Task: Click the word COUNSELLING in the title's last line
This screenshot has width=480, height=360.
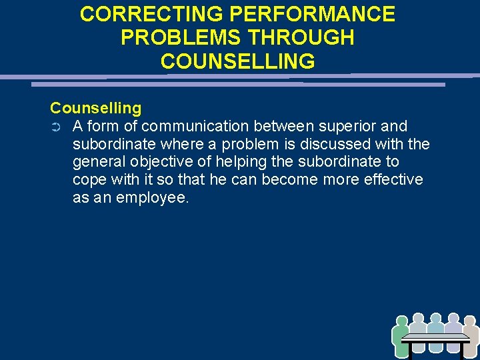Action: (x=237, y=61)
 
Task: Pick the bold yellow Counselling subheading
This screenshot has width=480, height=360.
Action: (x=95, y=108)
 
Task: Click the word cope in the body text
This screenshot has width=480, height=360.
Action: (x=88, y=180)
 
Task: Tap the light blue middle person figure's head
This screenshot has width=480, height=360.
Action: (x=436, y=319)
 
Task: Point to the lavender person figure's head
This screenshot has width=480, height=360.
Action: (x=453, y=319)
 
